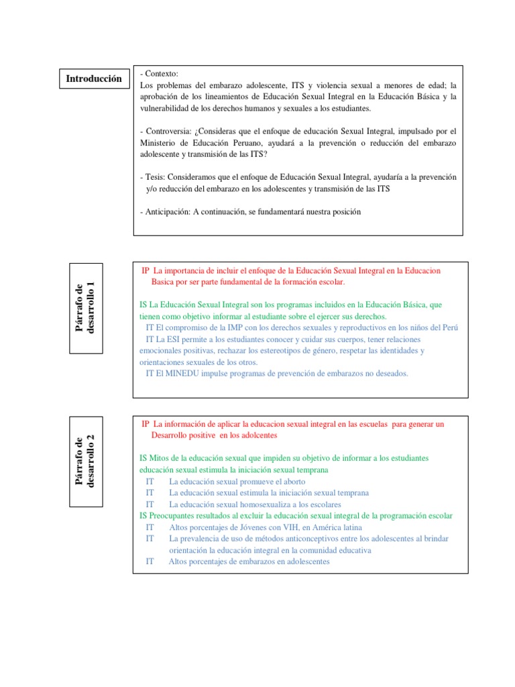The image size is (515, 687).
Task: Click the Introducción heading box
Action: (94, 78)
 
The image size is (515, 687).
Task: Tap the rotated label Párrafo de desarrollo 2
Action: (86, 462)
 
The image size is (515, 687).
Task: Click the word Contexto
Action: (162, 74)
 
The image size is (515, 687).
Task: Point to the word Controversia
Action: (170, 131)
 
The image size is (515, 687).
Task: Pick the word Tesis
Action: (156, 177)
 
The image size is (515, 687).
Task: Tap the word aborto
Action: (294, 482)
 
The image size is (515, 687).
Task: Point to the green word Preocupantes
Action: (176, 516)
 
